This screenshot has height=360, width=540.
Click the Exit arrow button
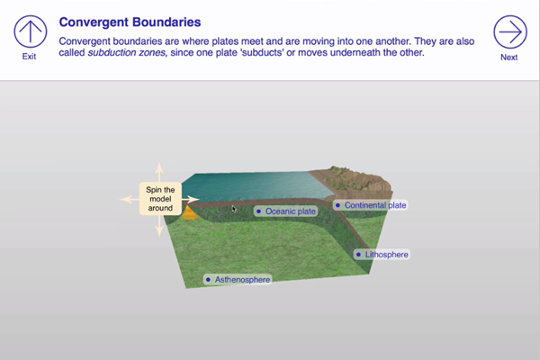(x=31, y=31)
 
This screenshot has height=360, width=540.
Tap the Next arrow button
(x=510, y=31)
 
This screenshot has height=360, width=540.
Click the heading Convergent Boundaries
(x=130, y=22)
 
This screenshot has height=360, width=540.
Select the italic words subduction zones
(x=126, y=53)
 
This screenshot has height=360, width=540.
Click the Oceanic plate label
(x=285, y=211)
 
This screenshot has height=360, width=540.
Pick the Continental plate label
(x=371, y=205)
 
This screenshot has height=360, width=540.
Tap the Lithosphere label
(x=382, y=255)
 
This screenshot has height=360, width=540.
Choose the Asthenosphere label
(x=238, y=279)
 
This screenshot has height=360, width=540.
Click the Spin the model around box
(x=160, y=199)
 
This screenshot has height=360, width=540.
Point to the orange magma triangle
(x=189, y=213)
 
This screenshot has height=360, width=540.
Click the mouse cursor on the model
(x=234, y=209)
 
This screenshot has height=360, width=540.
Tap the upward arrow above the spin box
(x=159, y=172)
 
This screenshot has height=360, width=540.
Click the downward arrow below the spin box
(x=159, y=226)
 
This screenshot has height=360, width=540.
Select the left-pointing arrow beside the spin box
(x=130, y=199)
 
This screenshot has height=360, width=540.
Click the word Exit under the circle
(x=30, y=57)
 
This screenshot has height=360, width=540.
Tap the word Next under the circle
(x=509, y=58)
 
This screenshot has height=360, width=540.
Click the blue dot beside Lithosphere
(x=358, y=255)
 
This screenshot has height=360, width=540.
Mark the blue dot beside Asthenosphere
(x=208, y=279)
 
